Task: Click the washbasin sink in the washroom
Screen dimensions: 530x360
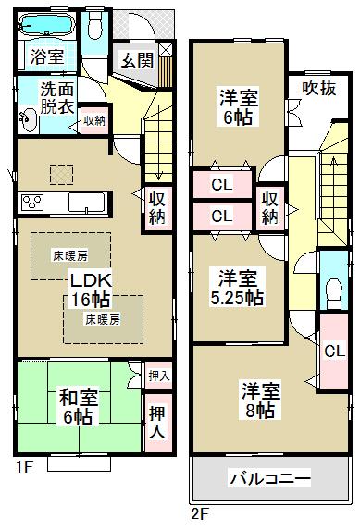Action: (x=27, y=117)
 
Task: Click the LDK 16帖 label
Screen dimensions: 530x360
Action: (x=89, y=290)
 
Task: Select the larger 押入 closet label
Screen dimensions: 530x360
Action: (x=158, y=422)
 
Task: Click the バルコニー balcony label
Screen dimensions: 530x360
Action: (x=269, y=481)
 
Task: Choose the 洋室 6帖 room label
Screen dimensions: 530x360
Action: (x=238, y=107)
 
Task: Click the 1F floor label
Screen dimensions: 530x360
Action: (x=25, y=466)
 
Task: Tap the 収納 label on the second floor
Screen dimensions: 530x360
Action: (x=269, y=208)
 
